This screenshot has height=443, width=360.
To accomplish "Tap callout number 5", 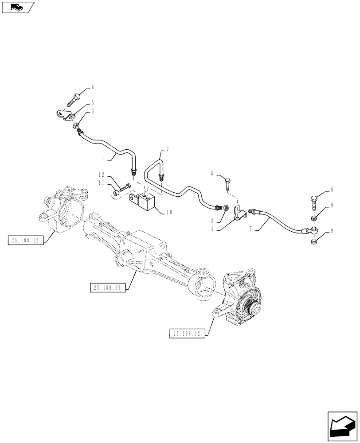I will (93, 102).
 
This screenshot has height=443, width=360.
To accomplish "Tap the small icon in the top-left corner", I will (18, 7).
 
